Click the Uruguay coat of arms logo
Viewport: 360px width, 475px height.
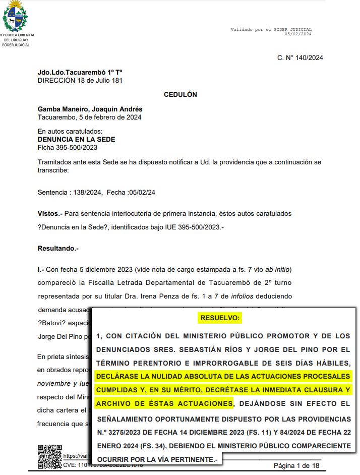[16, 17]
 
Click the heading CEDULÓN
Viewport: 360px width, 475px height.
[181, 94]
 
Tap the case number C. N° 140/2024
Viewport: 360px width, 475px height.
[300, 57]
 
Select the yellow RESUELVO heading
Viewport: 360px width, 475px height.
[221, 318]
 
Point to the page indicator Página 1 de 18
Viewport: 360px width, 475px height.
[296, 465]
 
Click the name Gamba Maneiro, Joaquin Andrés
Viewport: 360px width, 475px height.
[90, 109]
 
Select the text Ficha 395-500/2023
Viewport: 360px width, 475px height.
[67, 148]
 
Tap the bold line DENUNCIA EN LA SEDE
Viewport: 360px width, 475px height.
[76, 140]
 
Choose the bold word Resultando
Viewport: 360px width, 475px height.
[58, 249]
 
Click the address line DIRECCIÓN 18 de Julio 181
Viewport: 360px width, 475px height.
[80, 80]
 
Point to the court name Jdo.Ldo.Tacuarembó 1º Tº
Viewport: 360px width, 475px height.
[80, 73]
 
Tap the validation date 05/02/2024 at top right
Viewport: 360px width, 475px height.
[298, 34]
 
